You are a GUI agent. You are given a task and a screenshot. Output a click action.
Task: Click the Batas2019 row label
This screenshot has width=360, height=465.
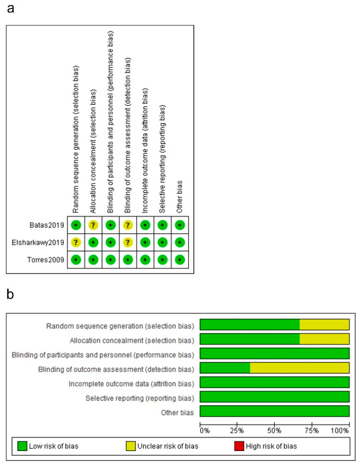(47, 225)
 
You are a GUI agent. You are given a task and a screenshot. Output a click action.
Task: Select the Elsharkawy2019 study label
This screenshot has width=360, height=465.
(38, 243)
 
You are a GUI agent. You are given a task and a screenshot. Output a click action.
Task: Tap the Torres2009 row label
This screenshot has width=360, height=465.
(46, 260)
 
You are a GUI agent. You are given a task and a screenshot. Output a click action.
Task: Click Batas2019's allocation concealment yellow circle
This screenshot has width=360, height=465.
(93, 225)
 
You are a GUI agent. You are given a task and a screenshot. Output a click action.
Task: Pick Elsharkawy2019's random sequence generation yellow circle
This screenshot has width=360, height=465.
(76, 243)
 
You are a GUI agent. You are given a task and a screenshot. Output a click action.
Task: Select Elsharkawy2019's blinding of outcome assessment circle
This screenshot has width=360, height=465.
(128, 243)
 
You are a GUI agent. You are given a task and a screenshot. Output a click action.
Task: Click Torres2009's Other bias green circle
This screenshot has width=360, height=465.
(180, 260)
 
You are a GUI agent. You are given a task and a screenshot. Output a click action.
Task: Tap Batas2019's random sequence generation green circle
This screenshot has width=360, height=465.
(76, 225)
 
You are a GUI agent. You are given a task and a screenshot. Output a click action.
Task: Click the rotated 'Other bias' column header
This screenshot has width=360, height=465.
(179, 197)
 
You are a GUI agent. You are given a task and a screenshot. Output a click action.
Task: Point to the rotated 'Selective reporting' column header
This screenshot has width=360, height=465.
(162, 159)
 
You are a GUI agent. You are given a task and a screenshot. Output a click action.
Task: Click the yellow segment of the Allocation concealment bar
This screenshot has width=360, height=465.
(324, 339)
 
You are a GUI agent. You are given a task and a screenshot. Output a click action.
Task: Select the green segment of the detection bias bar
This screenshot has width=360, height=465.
(225, 368)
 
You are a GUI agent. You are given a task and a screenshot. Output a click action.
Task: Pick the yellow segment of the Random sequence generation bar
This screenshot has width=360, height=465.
(324, 325)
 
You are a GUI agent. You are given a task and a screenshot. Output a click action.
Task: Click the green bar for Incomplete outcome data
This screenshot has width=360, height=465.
(275, 382)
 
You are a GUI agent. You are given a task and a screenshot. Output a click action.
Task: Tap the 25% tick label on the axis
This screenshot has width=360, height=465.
(237, 431)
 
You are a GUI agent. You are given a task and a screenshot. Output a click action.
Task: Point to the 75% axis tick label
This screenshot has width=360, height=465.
(312, 431)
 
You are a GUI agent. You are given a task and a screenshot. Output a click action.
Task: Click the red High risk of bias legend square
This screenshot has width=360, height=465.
(239, 446)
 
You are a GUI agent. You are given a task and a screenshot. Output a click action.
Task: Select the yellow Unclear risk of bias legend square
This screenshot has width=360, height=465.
(131, 446)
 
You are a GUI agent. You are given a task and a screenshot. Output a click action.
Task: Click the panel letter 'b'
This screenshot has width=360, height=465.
(10, 294)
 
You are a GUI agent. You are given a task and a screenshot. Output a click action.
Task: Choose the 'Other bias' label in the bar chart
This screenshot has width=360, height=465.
(177, 412)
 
